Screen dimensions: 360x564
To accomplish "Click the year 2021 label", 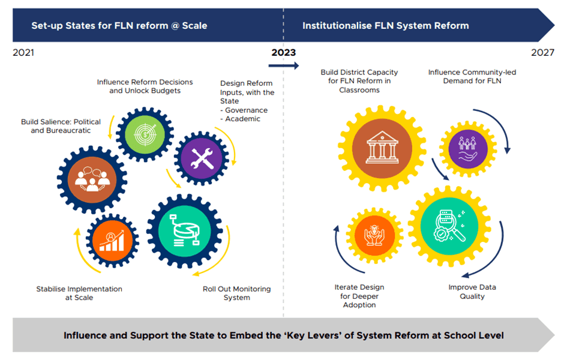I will [23, 53].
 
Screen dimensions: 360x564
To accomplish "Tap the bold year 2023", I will [283, 53].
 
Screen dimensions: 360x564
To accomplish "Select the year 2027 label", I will [542, 53].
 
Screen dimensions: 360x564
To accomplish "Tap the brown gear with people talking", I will [92, 177].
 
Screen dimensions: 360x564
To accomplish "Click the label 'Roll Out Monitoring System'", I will [236, 293].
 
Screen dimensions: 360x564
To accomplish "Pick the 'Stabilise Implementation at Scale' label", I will [79, 293].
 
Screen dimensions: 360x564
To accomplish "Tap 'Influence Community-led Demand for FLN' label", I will [472, 76].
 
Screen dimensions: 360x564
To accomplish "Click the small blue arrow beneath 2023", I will [283, 65].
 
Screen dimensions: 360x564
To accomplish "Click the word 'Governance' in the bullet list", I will [246, 110].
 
